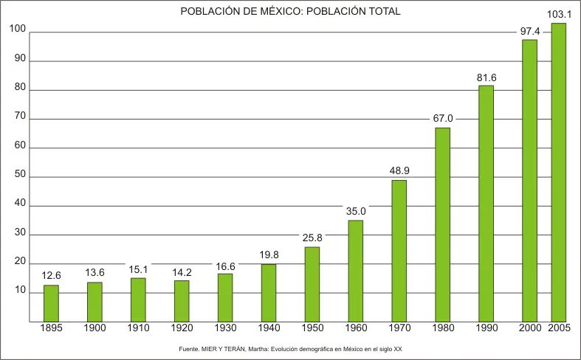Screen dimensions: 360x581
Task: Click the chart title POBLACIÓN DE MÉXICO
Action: click(290, 13)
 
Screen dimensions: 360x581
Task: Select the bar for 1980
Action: click(442, 224)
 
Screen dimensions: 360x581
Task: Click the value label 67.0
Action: click(443, 118)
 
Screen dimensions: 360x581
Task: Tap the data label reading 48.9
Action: click(399, 170)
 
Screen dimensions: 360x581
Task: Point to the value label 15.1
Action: click(138, 269)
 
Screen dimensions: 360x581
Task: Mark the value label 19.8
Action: click(269, 255)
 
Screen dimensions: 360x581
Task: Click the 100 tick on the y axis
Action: click(18, 30)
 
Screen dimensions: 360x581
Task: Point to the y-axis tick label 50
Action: click(18, 175)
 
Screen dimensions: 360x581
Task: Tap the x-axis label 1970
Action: click(399, 328)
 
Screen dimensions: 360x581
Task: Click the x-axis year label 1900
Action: click(94, 328)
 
